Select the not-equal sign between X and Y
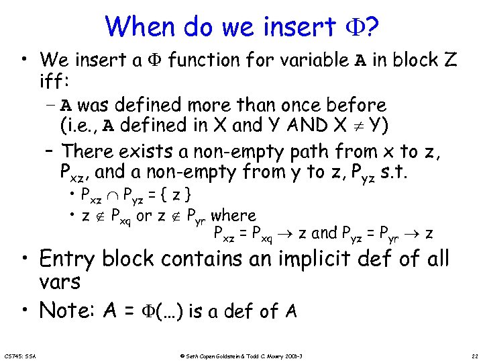(x=388, y=126)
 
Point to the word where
(x=233, y=216)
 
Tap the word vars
(x=60, y=282)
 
